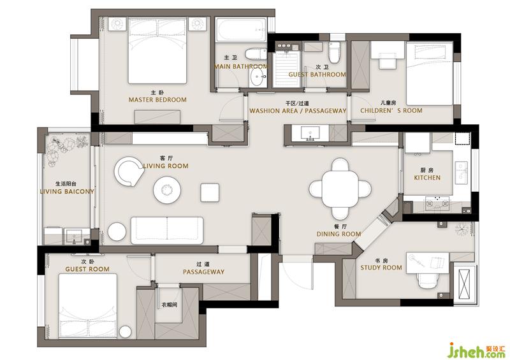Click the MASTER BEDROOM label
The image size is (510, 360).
[157, 100]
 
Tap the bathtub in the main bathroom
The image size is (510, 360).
[241, 29]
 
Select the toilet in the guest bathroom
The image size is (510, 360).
[333, 52]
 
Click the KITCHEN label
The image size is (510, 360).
[427, 178]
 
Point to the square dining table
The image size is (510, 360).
[340, 189]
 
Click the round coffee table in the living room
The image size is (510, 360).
[167, 190]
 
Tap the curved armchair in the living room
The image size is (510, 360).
[129, 171]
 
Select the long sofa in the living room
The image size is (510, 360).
[167, 230]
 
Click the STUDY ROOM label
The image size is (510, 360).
[381, 268]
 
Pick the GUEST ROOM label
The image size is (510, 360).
[87, 269]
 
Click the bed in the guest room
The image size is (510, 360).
[88, 306]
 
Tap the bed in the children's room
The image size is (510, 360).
[429, 73]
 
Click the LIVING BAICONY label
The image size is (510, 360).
[67, 192]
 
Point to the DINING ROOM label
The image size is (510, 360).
[339, 234]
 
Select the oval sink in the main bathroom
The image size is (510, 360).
[258, 77]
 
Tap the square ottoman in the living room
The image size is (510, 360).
[210, 192]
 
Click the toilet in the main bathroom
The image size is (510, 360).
[256, 54]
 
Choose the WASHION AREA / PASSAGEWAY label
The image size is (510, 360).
[298, 111]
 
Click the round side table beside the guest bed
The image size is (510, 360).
[125, 332]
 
